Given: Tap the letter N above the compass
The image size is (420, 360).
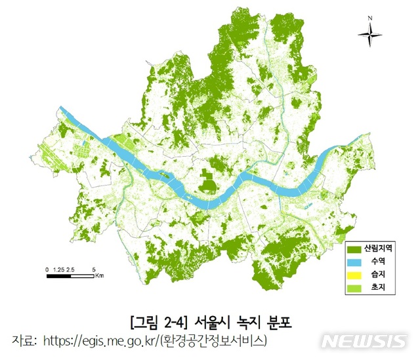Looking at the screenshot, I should (x=370, y=18).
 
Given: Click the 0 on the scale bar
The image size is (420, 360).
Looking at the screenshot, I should (x=47, y=270).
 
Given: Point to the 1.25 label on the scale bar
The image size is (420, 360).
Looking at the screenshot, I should (x=58, y=270).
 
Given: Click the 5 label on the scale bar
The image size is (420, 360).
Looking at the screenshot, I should (x=95, y=270).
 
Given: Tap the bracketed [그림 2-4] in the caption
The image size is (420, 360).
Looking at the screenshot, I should (x=156, y=322).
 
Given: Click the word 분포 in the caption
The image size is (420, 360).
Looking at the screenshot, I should (x=278, y=322).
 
